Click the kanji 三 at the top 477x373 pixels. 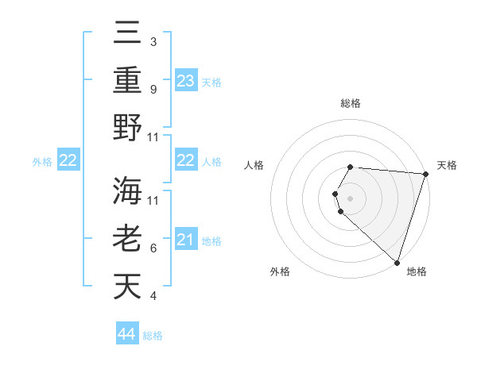128,33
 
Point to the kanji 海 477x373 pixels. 128,191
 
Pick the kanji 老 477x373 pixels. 128,239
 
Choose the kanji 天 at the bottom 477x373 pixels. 128,286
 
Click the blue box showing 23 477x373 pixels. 186,80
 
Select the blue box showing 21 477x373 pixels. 186,240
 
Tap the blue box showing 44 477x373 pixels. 127,334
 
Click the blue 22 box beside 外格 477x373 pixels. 68,160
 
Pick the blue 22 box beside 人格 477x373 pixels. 186,160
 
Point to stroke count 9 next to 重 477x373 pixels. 153,89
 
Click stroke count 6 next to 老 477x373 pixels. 153,248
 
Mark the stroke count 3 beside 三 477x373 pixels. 153,41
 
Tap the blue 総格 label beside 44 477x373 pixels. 153,336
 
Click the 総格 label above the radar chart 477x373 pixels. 351,103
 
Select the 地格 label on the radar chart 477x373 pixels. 417,271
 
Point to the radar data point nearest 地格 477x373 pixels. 397,262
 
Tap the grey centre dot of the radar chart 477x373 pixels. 351,198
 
